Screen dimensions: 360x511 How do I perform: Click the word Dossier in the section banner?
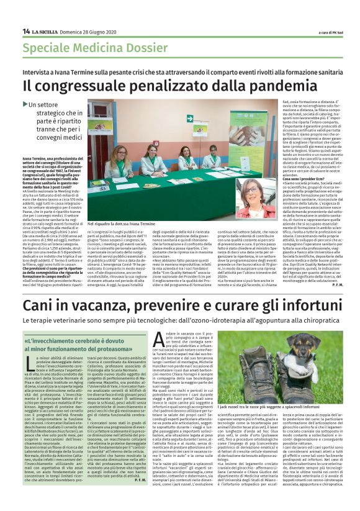click(x=130, y=48)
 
